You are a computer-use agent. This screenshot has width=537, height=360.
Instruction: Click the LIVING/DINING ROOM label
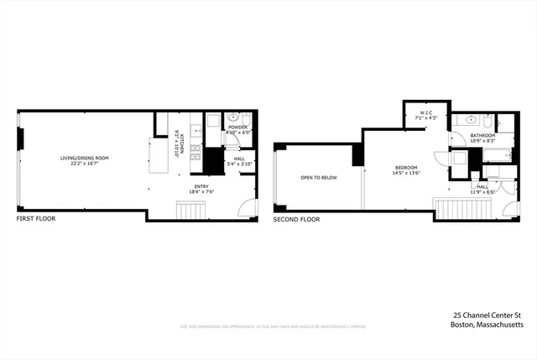click(84, 158)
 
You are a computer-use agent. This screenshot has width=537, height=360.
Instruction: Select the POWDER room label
click(238, 127)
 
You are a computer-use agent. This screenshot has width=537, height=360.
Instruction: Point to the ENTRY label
click(202, 185)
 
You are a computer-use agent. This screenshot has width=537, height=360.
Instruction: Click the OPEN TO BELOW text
click(319, 178)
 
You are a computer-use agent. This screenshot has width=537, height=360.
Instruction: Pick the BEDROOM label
click(407, 168)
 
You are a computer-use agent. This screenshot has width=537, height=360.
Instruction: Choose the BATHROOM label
click(482, 135)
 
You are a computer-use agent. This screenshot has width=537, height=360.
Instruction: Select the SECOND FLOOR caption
click(296, 219)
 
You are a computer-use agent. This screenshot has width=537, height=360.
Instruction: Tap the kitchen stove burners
click(196, 153)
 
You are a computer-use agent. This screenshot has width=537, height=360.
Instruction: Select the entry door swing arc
click(246, 209)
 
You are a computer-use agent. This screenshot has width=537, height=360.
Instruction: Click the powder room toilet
click(213, 117)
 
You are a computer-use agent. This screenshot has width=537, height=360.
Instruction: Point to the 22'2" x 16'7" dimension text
click(84, 164)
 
